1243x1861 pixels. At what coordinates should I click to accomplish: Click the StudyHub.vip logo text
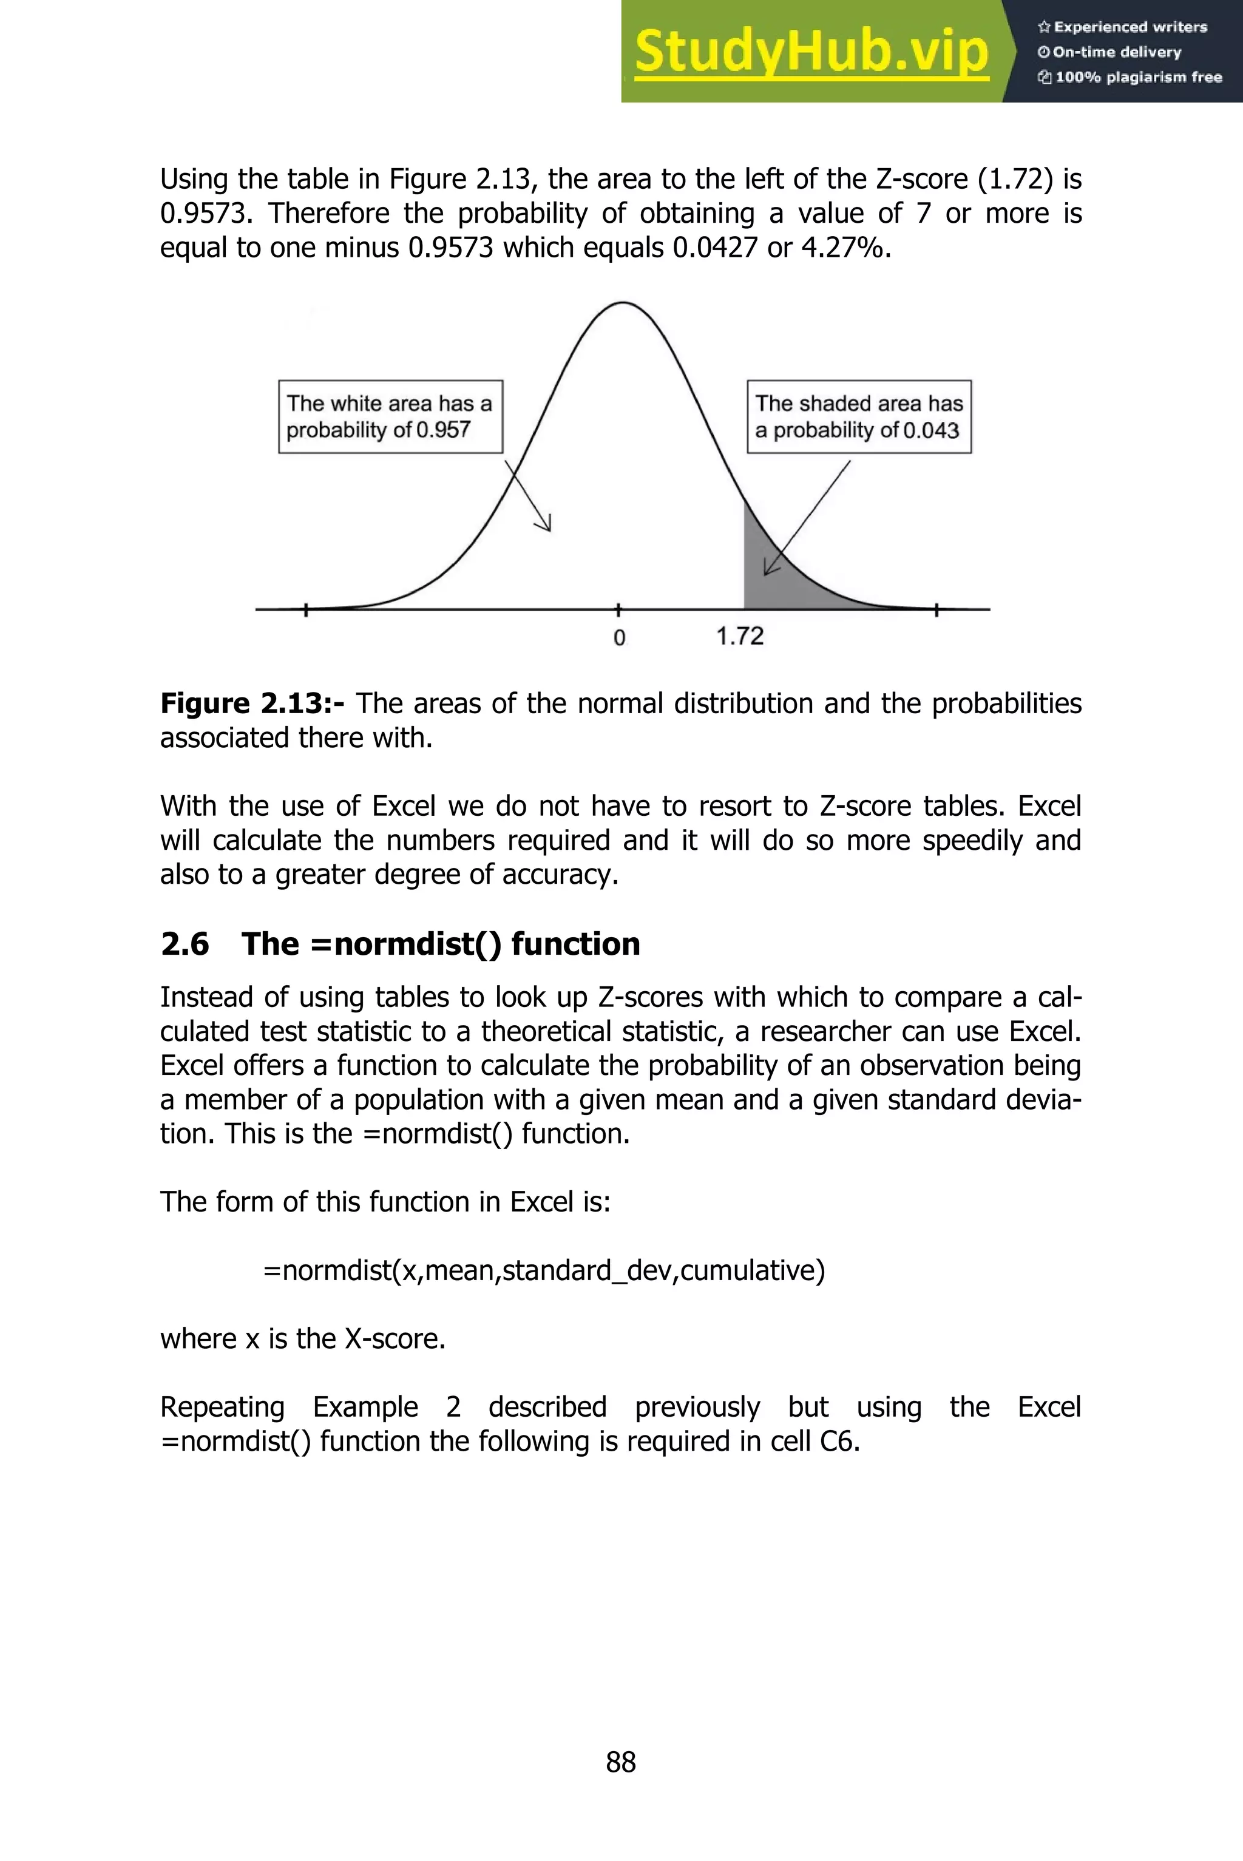pos(811,52)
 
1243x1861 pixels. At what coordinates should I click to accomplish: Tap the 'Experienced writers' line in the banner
pos(1122,27)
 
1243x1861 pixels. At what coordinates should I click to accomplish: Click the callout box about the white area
pos(390,417)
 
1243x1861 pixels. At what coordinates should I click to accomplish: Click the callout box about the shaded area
pos(859,417)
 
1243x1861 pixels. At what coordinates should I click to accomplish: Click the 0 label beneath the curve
pos(619,637)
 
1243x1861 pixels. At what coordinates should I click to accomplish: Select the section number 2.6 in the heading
pos(185,944)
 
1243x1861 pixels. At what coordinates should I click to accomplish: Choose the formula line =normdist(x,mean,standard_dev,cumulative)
pos(544,1270)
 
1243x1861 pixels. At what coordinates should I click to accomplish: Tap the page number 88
pos(621,1762)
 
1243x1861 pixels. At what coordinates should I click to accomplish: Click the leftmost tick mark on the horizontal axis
pos(306,609)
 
